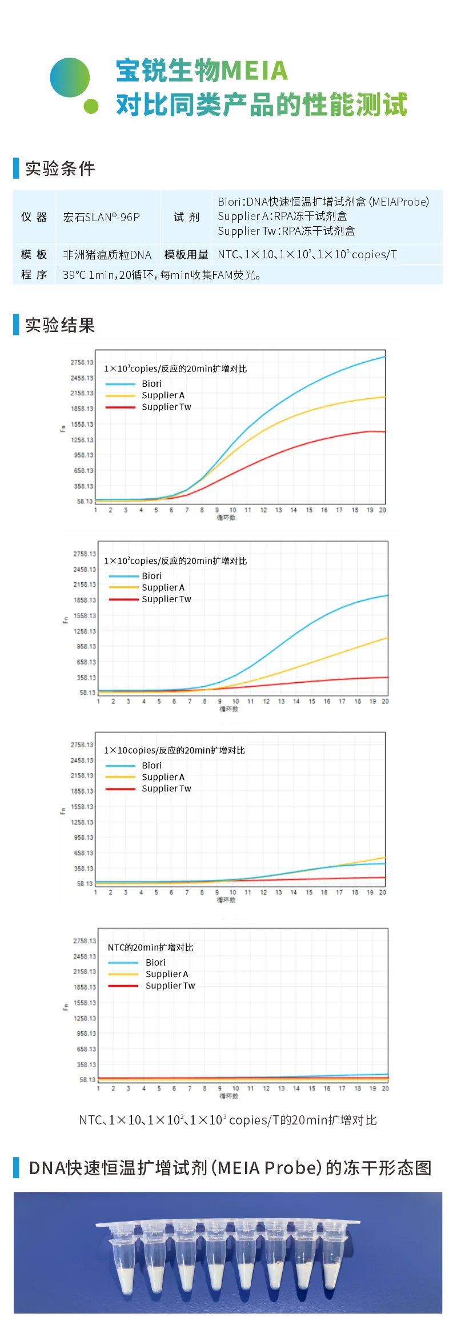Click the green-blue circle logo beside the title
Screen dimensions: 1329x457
(x=70, y=78)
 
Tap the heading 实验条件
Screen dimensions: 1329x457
(x=60, y=169)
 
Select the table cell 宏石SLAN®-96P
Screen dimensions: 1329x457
(x=101, y=217)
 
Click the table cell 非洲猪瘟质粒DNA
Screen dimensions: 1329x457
(x=107, y=255)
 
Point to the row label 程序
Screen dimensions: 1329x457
(x=34, y=275)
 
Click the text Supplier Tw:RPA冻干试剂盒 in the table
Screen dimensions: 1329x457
(x=286, y=231)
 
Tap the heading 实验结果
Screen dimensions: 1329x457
(x=60, y=325)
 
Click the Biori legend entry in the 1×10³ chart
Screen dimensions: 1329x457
(x=151, y=384)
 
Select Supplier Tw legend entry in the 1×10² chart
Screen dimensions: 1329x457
(x=166, y=599)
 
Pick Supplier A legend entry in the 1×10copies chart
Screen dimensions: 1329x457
(x=163, y=777)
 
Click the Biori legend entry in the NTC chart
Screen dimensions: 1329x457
(x=155, y=963)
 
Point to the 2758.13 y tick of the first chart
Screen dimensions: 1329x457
(x=82, y=363)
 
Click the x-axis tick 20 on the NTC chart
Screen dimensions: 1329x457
(x=385, y=1088)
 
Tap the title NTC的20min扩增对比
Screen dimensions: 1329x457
(x=150, y=947)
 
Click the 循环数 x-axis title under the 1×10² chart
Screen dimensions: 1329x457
(x=228, y=709)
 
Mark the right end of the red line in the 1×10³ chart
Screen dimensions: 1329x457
(x=384, y=432)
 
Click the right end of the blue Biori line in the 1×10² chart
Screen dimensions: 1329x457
(x=387, y=595)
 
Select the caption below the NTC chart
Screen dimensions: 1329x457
(x=228, y=1120)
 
